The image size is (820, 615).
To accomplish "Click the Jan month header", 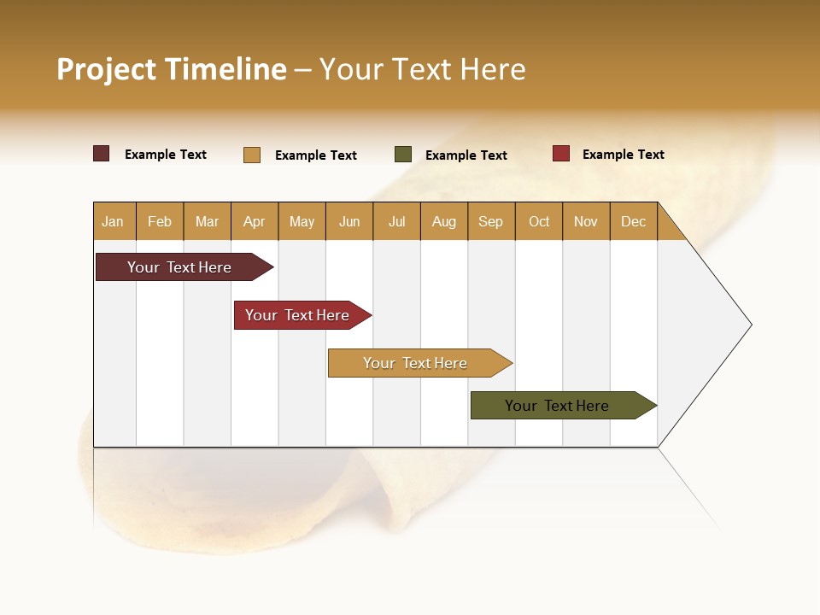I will point(114,221).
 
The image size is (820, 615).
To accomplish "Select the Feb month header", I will point(160,221).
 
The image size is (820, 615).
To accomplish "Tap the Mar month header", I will point(207,221).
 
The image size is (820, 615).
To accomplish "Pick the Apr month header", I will point(255,221).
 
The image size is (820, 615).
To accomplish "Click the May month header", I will point(302,221).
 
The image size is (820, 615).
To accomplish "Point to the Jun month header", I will point(349,221).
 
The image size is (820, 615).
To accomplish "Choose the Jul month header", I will point(396,221).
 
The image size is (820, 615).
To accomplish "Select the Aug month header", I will point(444,221).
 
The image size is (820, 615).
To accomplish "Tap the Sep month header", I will point(491,221).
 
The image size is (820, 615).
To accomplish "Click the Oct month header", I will point(539,221).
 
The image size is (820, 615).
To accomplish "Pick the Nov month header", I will point(586,221).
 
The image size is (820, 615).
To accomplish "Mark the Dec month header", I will point(634,221).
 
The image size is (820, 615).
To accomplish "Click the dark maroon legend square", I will point(102,154).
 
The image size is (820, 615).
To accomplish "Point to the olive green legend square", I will point(403,155).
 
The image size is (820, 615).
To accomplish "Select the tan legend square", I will point(252,155).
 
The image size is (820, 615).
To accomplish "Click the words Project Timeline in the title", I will point(172,69).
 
